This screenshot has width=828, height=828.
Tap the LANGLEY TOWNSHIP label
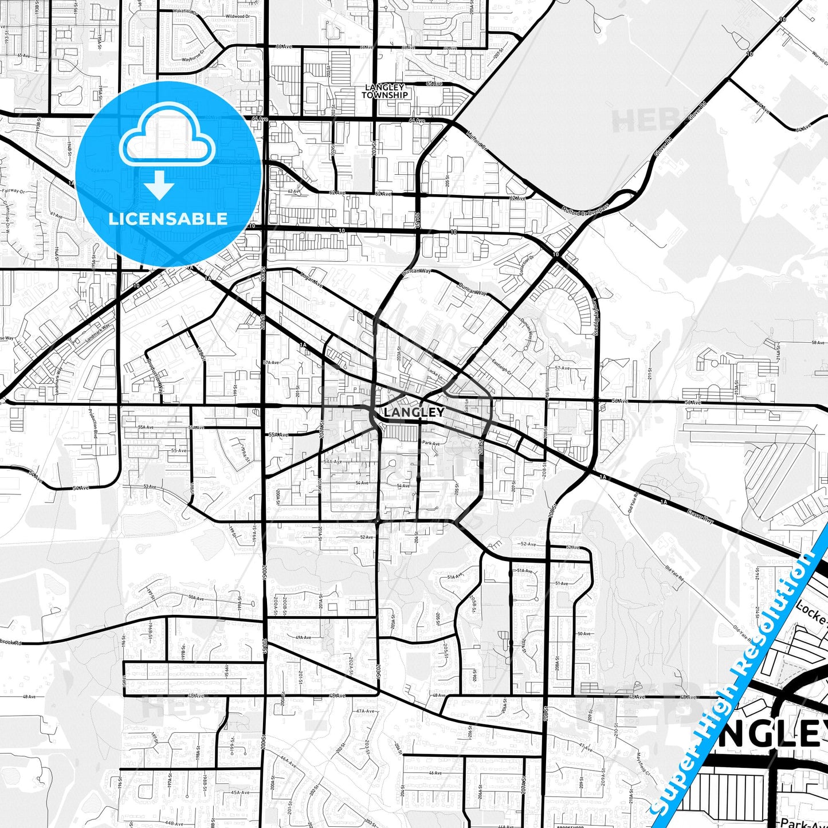[x=384, y=92]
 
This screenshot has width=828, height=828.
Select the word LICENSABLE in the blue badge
[x=168, y=219]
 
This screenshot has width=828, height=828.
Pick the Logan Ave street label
[x=312, y=278]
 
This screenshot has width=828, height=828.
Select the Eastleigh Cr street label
[x=501, y=367]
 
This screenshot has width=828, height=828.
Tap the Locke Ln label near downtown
[x=434, y=373]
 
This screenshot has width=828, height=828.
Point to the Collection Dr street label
[x=526, y=264]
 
